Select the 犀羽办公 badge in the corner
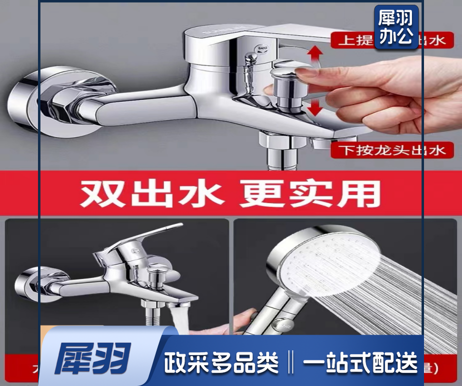coord(396,27)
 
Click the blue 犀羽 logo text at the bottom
coord(93,359)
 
